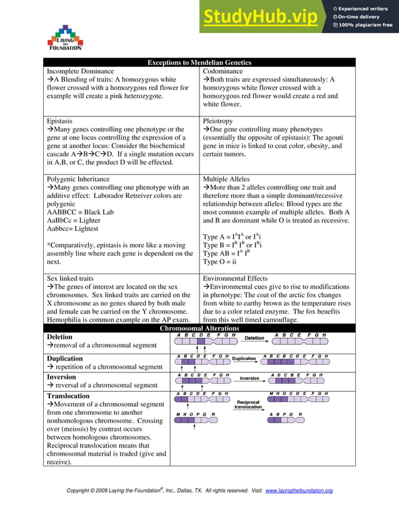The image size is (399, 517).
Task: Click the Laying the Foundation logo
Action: coord(65,38)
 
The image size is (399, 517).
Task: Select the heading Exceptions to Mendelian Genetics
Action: coord(199,63)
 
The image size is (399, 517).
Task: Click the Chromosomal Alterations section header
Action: coord(199,328)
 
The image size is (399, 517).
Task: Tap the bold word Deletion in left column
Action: coord(59,337)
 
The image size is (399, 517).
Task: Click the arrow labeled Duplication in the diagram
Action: coord(245,359)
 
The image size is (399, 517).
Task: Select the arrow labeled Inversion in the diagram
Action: coord(250,379)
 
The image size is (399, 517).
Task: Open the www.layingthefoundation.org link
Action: coord(299,491)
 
